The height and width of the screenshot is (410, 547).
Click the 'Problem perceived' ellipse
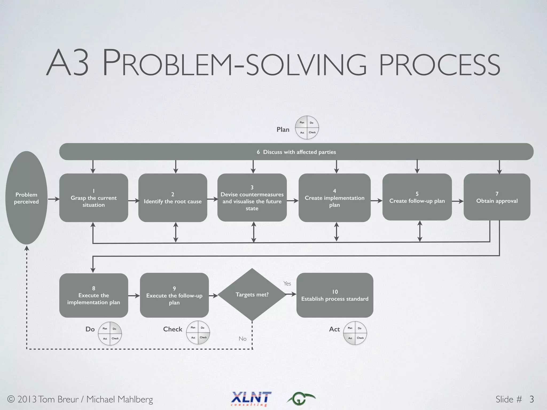coord(26,198)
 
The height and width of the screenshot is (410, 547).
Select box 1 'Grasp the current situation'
coord(93,198)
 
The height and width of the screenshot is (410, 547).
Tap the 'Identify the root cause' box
coord(173,198)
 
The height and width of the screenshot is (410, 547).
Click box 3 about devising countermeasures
coord(252,198)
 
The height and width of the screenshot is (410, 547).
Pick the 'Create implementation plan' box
coord(334,198)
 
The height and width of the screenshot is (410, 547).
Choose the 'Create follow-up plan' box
coord(417,197)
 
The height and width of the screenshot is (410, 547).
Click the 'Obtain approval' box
coord(497,197)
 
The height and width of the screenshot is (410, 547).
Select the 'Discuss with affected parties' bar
coord(296,152)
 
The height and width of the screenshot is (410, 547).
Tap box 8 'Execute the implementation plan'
coord(93,295)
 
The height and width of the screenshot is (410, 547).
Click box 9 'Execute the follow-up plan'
coord(174,295)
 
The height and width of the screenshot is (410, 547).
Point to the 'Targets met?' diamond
coord(252,294)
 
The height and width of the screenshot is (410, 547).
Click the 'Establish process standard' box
coord(335,295)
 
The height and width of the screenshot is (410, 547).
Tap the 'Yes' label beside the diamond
coord(287,283)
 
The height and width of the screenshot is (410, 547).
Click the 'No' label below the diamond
coord(243,339)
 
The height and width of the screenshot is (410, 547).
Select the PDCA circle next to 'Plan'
coord(307,128)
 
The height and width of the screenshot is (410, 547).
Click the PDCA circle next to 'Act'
coord(355,333)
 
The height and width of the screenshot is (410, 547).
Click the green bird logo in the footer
coord(301,399)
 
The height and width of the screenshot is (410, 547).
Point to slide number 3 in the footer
coord(532,399)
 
